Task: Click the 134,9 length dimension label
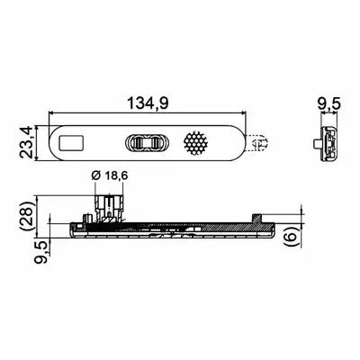pyautogui.click(x=148, y=103)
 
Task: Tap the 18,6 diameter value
pyautogui.click(x=116, y=176)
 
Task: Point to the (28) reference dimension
pyautogui.click(x=27, y=215)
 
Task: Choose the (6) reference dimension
pyautogui.click(x=291, y=237)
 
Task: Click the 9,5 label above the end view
pyautogui.click(x=329, y=104)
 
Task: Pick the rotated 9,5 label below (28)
pyautogui.click(x=40, y=252)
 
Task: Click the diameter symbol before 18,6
pyautogui.click(x=95, y=176)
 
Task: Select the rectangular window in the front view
pyautogui.click(x=72, y=142)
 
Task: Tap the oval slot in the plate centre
pyautogui.click(x=147, y=142)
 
